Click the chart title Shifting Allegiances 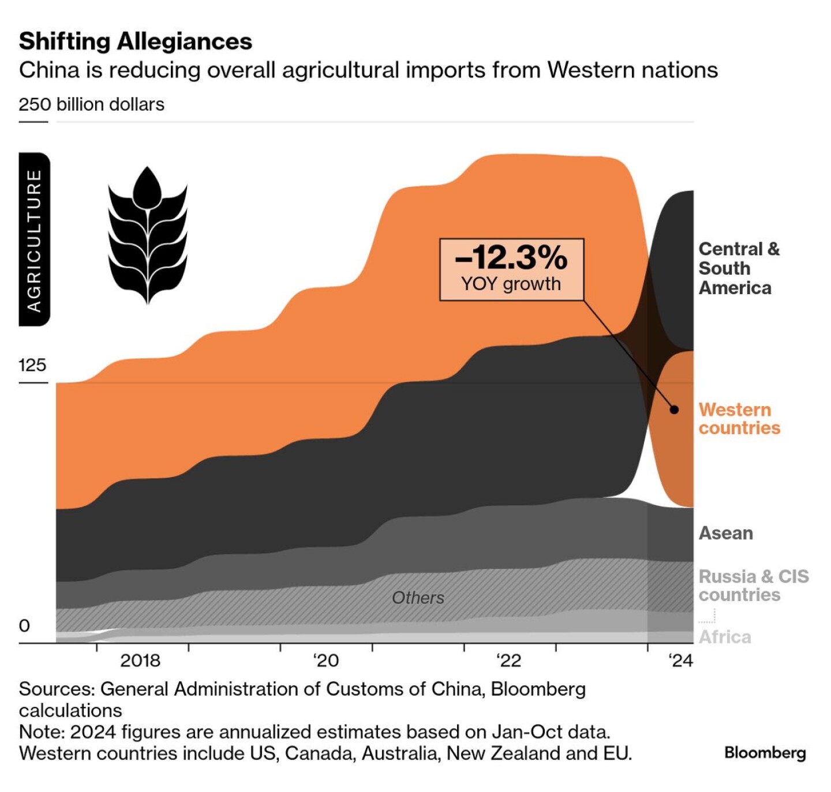tap(136, 42)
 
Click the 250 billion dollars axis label tap(91, 104)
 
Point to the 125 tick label tap(32, 365)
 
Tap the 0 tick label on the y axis tap(24, 626)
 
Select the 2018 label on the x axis tap(140, 660)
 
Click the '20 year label tap(326, 660)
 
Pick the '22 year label tap(508, 660)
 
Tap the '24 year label tap(681, 660)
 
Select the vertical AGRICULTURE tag tap(35, 239)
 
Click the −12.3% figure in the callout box tap(511, 257)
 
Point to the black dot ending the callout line tap(674, 410)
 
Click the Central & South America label tap(739, 268)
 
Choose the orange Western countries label tap(739, 419)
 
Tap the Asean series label tap(726, 533)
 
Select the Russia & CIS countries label tap(753, 585)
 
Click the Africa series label tap(725, 637)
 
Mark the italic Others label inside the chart tap(418, 598)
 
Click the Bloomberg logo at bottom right tap(765, 753)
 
